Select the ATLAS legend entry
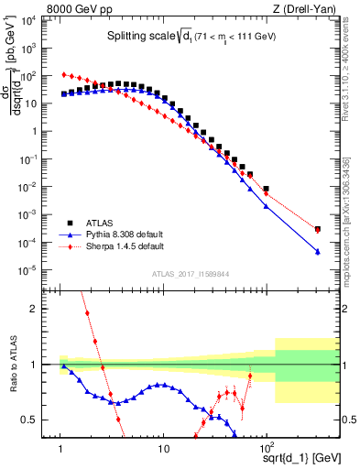(x=98, y=223)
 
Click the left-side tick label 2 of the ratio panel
(x=40, y=309)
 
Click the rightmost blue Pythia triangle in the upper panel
(x=317, y=252)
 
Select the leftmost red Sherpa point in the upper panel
(x=63, y=74)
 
